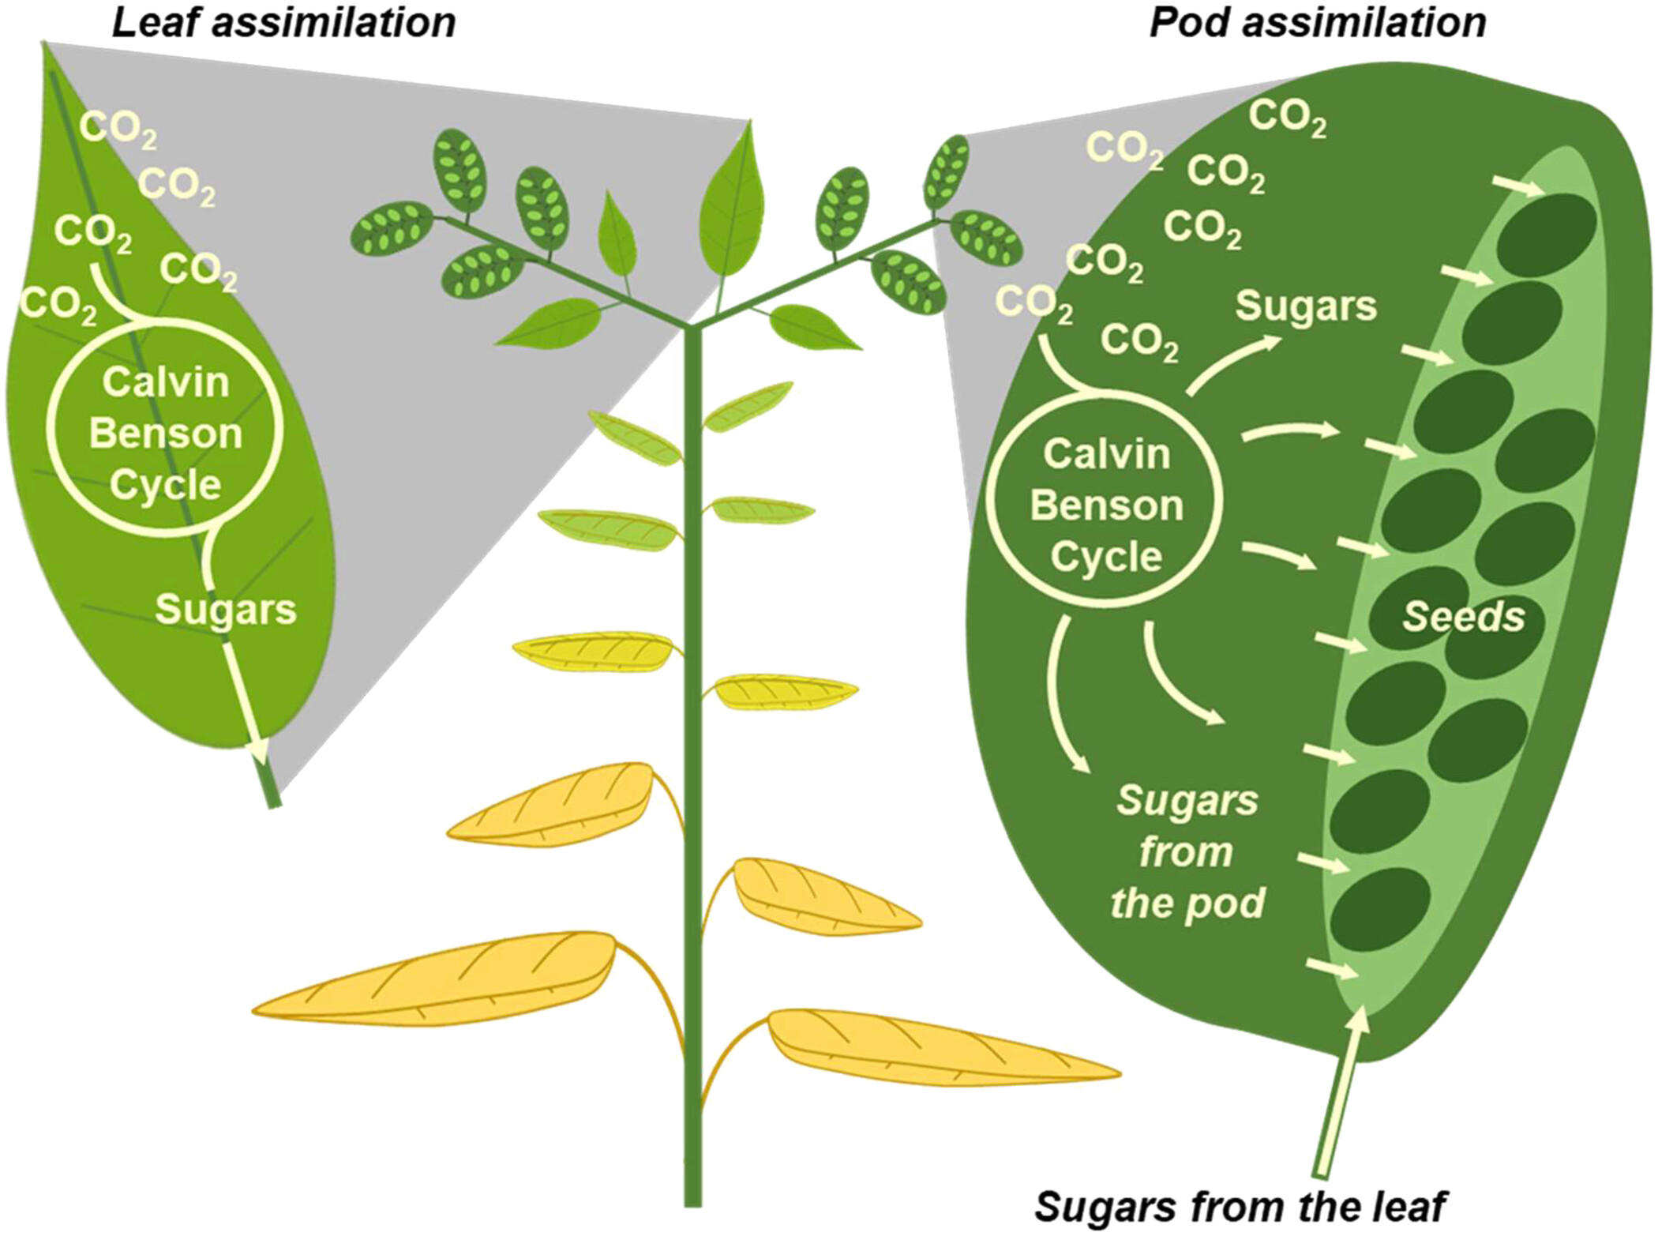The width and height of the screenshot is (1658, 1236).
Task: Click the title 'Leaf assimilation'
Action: [x=284, y=22]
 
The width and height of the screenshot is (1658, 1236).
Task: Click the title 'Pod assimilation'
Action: [x=1318, y=22]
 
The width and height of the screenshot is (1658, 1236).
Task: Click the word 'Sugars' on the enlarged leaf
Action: [x=226, y=610]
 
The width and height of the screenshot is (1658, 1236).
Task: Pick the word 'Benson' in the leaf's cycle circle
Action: [x=165, y=434]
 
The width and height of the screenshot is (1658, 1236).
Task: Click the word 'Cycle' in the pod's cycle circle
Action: [x=1106, y=557]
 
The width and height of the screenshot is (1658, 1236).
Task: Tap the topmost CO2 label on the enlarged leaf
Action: [x=118, y=128]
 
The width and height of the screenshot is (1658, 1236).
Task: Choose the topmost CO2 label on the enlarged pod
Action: [x=1287, y=118]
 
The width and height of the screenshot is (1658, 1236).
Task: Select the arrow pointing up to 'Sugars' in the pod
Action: [x=1232, y=363]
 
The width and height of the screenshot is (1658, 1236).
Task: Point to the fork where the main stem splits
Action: [x=692, y=325]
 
